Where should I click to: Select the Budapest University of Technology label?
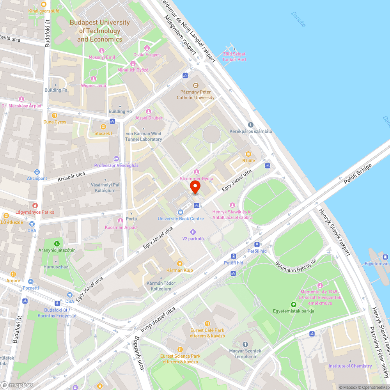point(99,31)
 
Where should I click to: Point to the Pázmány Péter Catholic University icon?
point(196,85)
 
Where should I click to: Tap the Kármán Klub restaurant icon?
point(180,264)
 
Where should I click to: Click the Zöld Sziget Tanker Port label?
point(234,57)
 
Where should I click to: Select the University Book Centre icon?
point(181,212)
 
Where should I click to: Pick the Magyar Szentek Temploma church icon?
point(245,344)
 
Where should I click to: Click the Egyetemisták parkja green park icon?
point(294,304)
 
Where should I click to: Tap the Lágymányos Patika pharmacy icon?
point(35,205)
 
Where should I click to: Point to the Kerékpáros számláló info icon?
point(250,125)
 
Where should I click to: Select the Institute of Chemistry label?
point(350,366)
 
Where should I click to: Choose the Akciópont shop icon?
point(37,172)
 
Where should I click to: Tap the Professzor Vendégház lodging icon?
point(116,159)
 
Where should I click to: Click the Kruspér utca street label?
point(71,177)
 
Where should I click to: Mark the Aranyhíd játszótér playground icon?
point(57,243)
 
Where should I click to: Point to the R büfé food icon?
point(248,154)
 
